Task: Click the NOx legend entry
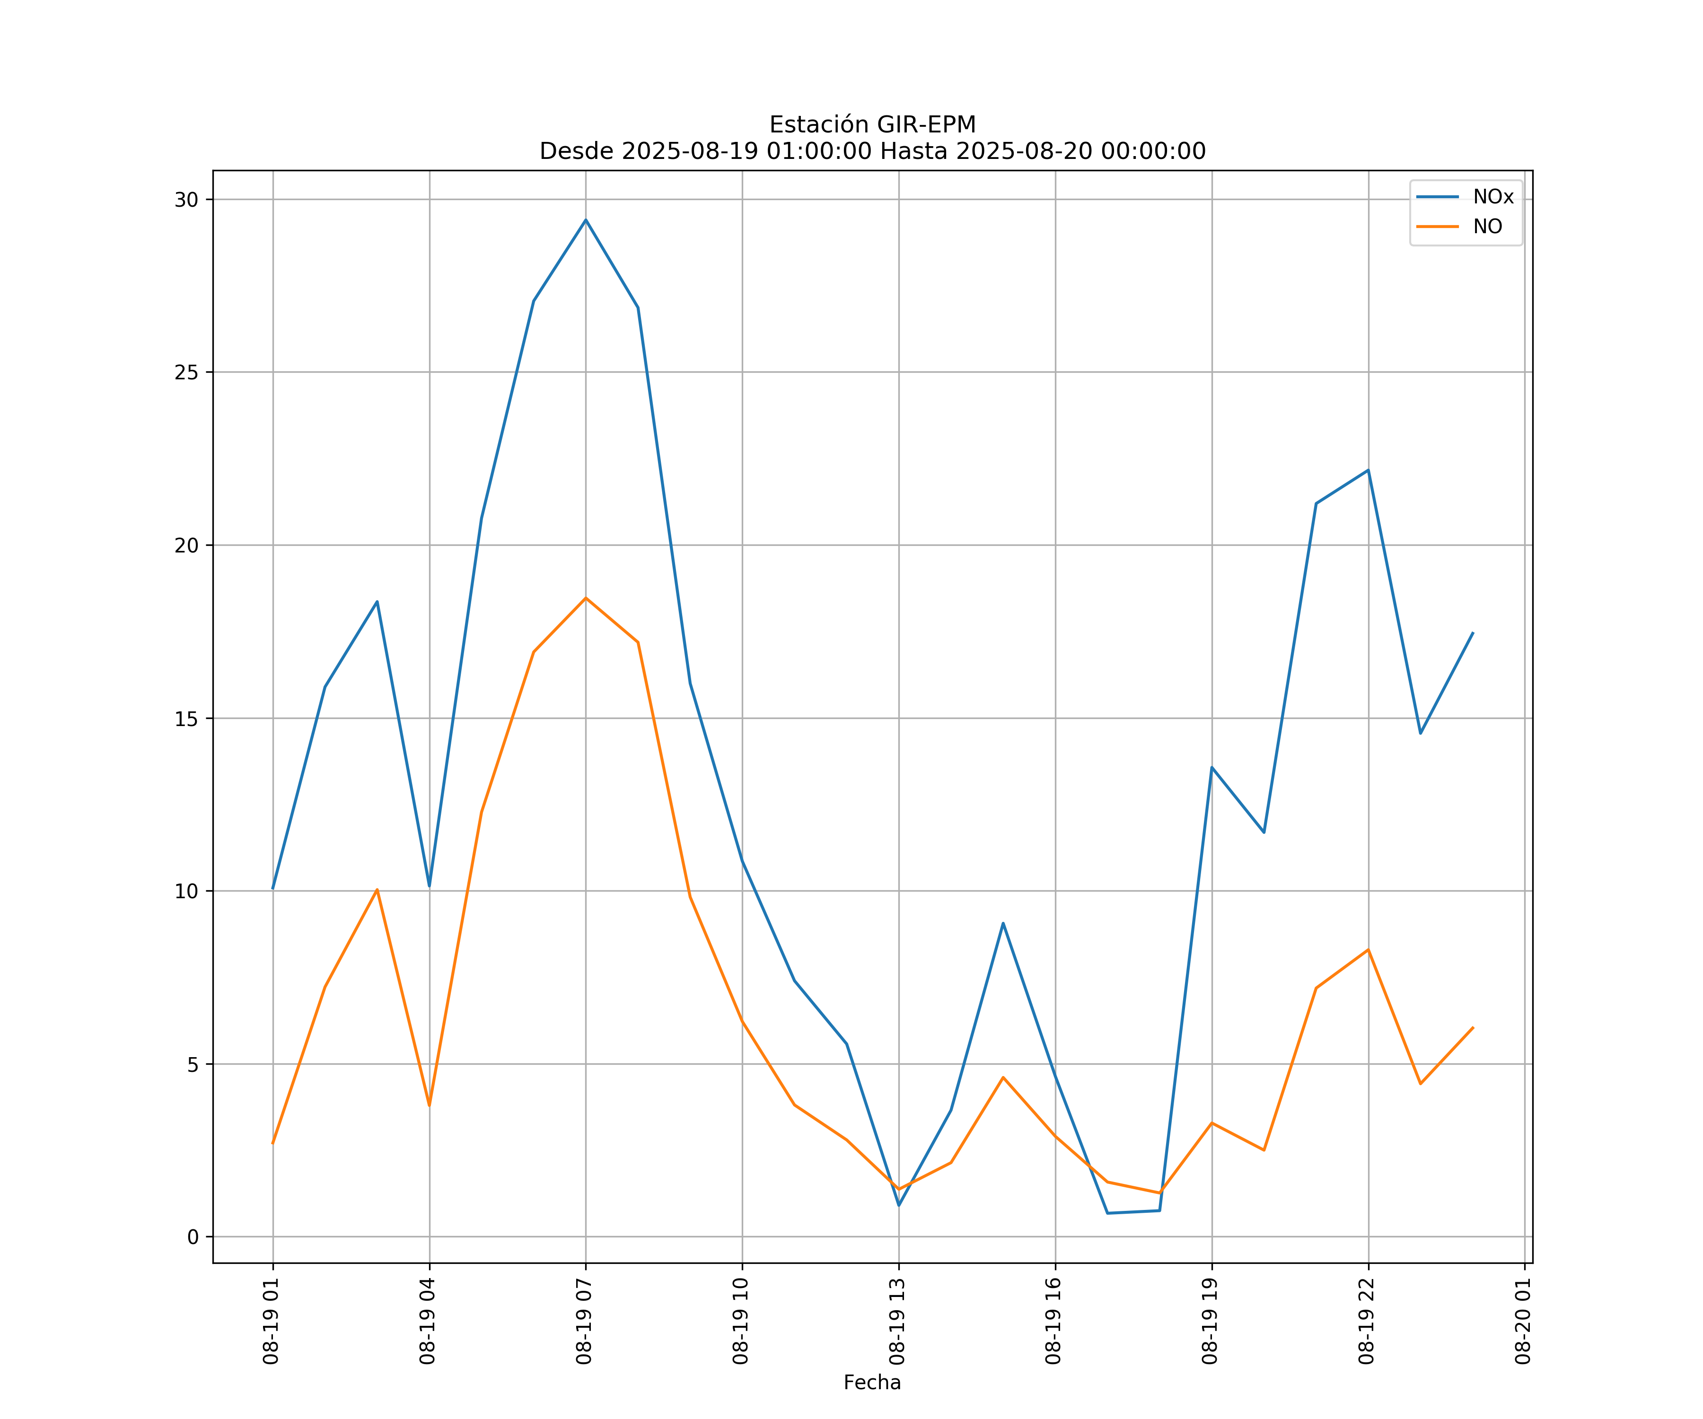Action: pos(1492,197)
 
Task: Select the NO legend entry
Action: pos(1487,227)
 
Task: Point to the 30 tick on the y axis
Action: pos(186,200)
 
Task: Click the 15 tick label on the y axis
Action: pos(186,718)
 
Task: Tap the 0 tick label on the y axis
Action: pos(193,1237)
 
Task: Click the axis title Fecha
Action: pos(872,1383)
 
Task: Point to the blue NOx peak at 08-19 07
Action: pos(586,220)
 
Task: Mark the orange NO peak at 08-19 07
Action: pos(586,598)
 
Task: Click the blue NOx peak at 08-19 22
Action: pos(1368,470)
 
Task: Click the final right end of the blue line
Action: pos(1473,632)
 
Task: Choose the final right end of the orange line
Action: pos(1473,1027)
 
